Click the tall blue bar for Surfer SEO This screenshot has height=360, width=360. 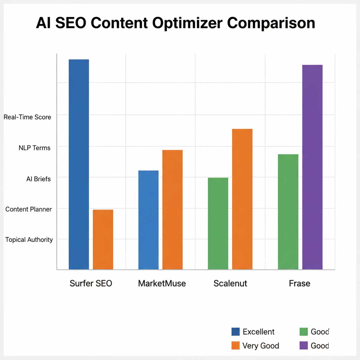click(x=79, y=164)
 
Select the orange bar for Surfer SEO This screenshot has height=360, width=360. click(x=103, y=239)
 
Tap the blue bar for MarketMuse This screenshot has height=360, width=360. click(x=148, y=220)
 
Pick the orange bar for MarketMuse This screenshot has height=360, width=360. click(x=172, y=210)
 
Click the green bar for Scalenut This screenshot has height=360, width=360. click(x=218, y=224)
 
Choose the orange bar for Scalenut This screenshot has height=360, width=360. click(x=242, y=199)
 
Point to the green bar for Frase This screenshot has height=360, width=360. click(x=288, y=212)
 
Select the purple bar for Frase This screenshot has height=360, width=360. click(x=312, y=167)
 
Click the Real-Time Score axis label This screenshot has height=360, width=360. click(x=27, y=117)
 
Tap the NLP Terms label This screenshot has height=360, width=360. click(x=34, y=148)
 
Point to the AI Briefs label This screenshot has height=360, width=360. click(x=38, y=179)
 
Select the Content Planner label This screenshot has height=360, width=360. click(x=28, y=210)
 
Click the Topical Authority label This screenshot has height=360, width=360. click(x=29, y=240)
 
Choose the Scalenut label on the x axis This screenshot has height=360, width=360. click(x=230, y=283)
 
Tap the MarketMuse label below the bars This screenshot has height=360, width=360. click(x=162, y=283)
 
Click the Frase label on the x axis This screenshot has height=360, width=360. click(x=300, y=283)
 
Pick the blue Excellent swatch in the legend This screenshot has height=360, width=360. click(x=236, y=332)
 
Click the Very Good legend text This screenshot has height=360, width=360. click(x=261, y=346)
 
